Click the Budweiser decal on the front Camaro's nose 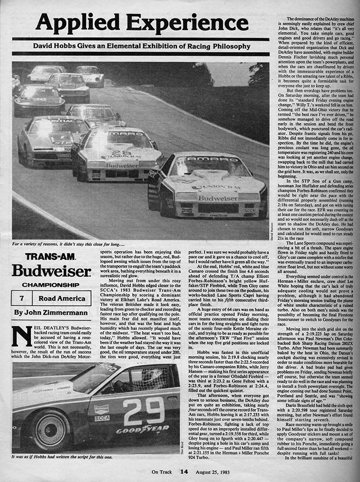[x=218, y=198]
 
